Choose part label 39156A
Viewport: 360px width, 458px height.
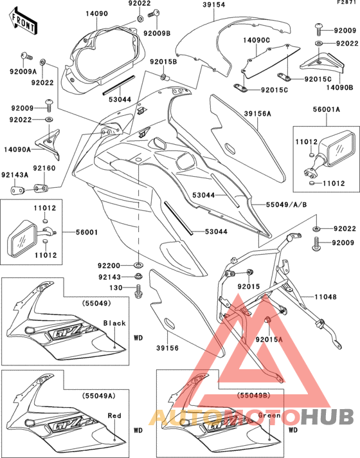point(257,114)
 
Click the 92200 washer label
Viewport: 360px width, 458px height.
point(110,265)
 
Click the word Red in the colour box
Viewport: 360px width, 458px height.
point(114,416)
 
